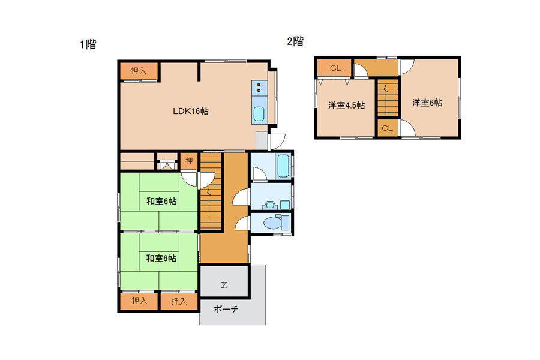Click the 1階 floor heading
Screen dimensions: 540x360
coord(88,44)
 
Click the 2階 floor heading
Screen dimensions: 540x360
coord(295,41)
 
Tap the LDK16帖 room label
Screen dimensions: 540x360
coord(190,111)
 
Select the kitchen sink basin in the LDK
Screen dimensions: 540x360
coord(259,114)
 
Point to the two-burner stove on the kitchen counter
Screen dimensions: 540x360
coord(259,88)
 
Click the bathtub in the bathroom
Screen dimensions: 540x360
coord(283,166)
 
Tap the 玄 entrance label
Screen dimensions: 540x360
coord(224,284)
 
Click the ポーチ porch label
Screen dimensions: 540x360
coord(226,309)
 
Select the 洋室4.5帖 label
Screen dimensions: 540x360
coord(346,105)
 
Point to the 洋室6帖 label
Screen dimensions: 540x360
coord(427,103)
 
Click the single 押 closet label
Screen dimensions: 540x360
coord(189,161)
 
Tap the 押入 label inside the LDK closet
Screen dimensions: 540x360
coord(139,71)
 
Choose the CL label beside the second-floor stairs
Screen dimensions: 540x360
coord(387,128)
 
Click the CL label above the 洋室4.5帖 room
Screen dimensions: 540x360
coord(335,68)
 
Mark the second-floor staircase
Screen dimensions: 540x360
coord(388,98)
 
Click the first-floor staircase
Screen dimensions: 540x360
coord(211,191)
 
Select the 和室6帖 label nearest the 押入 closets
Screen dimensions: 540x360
coord(161,258)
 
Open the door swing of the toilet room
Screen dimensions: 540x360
coord(242,223)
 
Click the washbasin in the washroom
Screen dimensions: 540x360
coord(269,205)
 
